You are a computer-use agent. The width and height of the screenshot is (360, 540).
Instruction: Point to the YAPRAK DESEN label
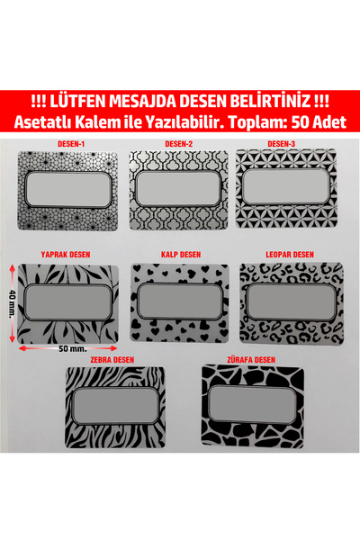68,255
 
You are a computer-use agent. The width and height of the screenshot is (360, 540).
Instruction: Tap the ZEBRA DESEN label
121,359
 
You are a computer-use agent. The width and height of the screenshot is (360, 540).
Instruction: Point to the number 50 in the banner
304,121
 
